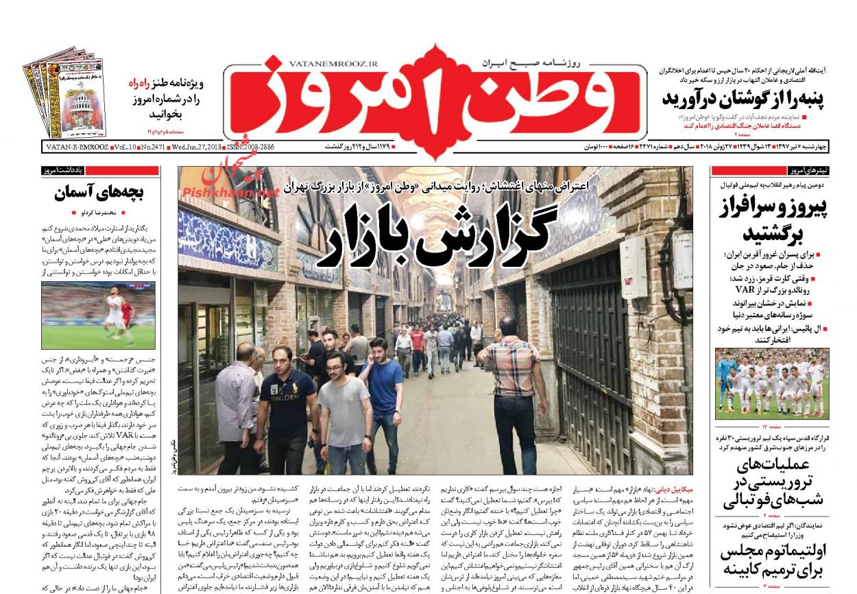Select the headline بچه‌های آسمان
pos(99,193)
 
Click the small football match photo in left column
pos(98,316)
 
